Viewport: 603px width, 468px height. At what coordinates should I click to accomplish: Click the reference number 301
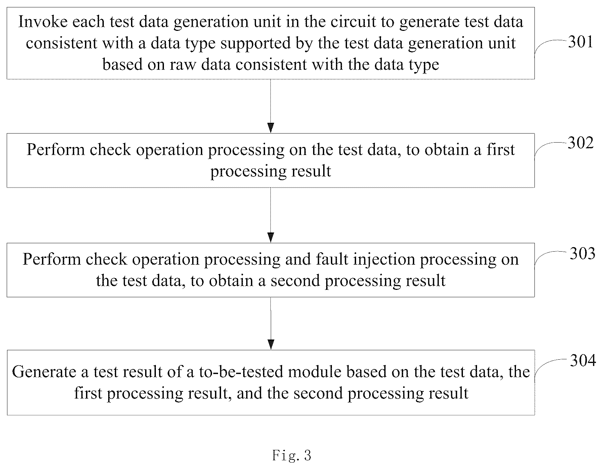coord(580,42)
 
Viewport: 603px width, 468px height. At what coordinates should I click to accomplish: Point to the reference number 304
coord(583,361)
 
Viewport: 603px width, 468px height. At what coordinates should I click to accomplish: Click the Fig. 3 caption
coord(292,455)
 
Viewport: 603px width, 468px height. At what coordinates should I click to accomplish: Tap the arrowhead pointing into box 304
coord(271,345)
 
